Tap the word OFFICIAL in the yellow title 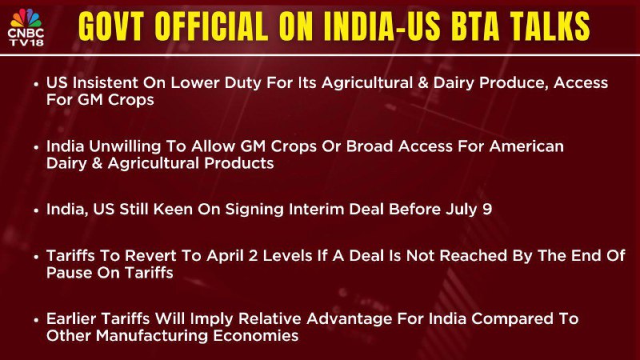click(x=211, y=26)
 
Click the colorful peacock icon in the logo click(x=26, y=18)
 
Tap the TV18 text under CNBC click(x=26, y=42)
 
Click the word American click(x=526, y=146)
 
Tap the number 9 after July click(x=487, y=210)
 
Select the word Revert click(x=150, y=256)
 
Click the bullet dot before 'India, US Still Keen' click(x=36, y=210)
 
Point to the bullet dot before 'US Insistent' click(x=36, y=84)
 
